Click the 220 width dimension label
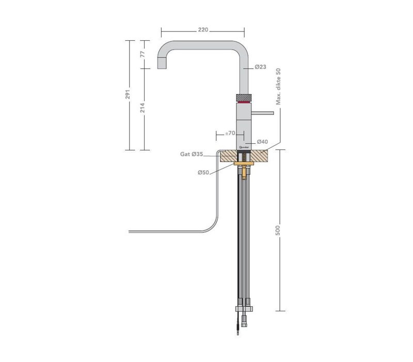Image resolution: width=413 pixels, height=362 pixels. pos(203,29)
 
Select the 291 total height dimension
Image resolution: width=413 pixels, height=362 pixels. pos(128,95)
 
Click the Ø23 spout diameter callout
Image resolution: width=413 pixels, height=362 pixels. pos(260,67)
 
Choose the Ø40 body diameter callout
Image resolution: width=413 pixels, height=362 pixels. pos(263,142)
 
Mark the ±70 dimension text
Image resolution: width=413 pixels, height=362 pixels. pos(230,133)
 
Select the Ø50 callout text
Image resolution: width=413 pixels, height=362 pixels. pos(203,172)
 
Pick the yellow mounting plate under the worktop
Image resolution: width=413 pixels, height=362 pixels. pos(244,165)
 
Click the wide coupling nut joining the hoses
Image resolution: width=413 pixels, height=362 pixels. pos(243,309)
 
